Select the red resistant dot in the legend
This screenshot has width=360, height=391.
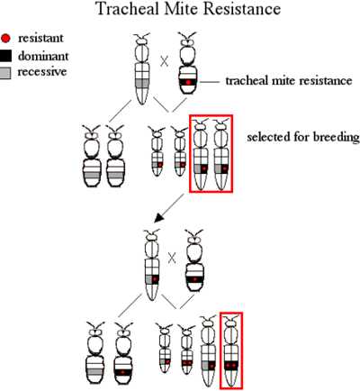coord(5,38)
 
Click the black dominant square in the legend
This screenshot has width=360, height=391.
coord(5,56)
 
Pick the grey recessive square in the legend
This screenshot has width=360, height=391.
coord(5,73)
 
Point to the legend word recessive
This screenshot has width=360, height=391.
coord(42,72)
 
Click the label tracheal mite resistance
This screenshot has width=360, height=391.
coord(289,80)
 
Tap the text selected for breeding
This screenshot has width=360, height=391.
coord(303,137)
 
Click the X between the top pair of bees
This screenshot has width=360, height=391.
coord(164,62)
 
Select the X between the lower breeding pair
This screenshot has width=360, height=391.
coord(172,259)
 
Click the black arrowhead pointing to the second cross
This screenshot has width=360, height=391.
coord(159,218)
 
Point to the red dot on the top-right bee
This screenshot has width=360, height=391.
coord(188,82)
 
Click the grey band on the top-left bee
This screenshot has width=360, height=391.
coord(142,83)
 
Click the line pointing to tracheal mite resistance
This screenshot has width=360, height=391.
coord(210,82)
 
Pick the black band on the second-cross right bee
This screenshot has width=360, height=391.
coord(194,279)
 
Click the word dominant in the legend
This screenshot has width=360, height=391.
coord(43,56)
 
